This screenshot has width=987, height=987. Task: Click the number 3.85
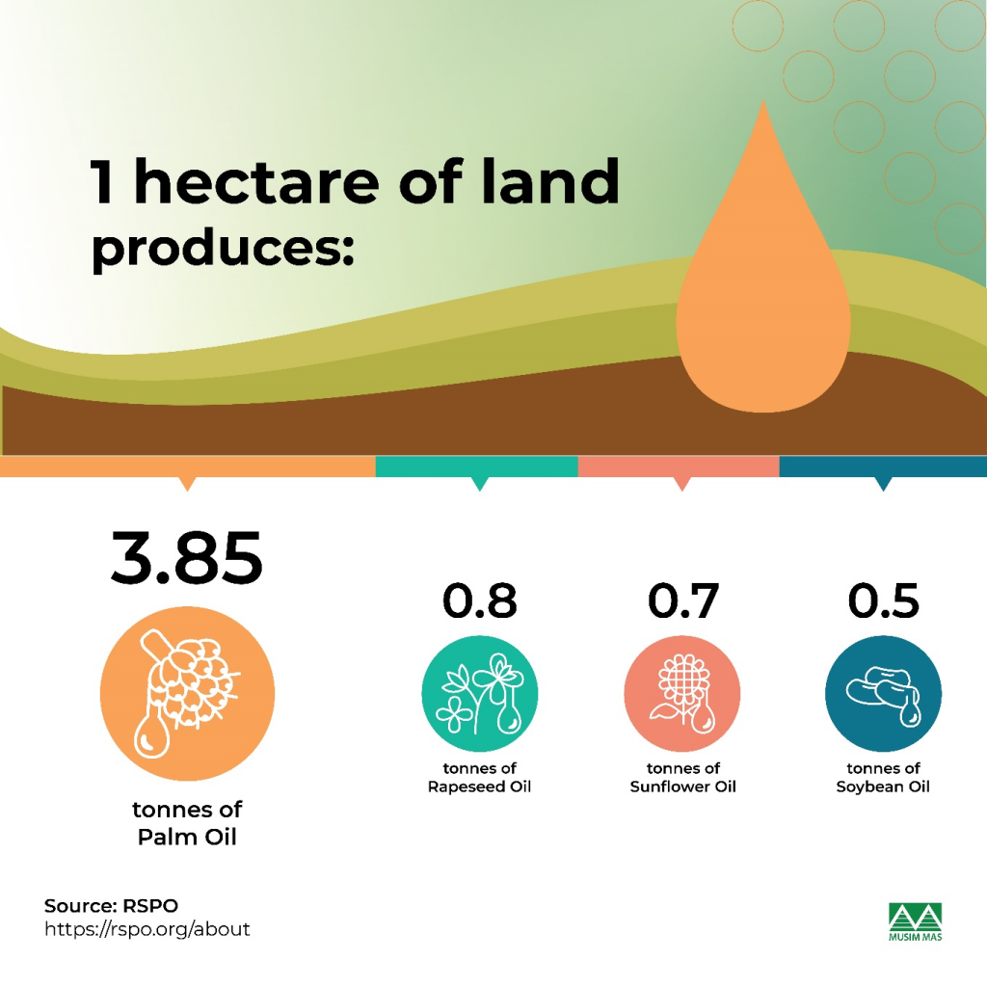click(x=186, y=558)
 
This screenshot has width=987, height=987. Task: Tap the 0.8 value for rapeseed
click(x=480, y=600)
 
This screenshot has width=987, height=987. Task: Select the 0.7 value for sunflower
click(x=683, y=600)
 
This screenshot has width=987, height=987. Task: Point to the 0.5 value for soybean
click(x=883, y=600)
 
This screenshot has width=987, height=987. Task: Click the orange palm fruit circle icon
click(x=187, y=693)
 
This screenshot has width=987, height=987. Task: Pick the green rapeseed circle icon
click(x=480, y=693)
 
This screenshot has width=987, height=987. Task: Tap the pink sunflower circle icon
click(x=682, y=693)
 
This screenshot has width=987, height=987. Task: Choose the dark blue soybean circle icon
click(x=883, y=693)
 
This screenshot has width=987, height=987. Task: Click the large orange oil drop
click(x=763, y=296)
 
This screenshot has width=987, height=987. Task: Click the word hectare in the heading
click(x=256, y=181)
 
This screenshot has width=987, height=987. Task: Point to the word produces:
click(x=223, y=249)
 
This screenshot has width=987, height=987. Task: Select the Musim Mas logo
click(x=916, y=921)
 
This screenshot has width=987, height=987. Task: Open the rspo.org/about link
click(x=147, y=929)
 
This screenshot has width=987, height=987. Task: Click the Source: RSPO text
click(x=111, y=905)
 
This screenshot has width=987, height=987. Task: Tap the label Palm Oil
click(x=187, y=837)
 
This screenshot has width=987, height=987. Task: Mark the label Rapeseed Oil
click(x=479, y=787)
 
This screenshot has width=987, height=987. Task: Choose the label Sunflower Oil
click(x=683, y=787)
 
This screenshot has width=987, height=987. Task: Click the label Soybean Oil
click(x=883, y=787)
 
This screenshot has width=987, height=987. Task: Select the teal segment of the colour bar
click(x=476, y=467)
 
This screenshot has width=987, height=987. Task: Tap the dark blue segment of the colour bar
click(x=883, y=467)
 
